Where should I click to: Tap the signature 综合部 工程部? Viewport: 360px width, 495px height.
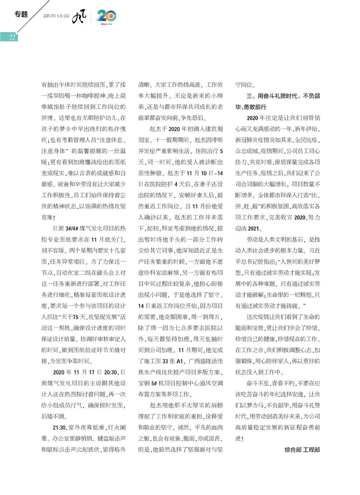[x=302, y=449]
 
